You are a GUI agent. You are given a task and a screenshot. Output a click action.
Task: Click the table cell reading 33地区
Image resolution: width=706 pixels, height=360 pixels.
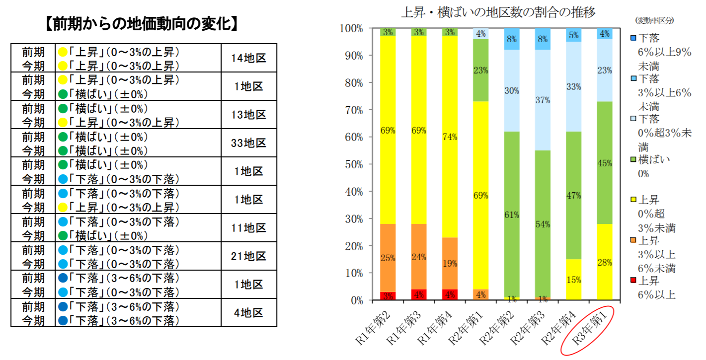pyautogui.click(x=249, y=143)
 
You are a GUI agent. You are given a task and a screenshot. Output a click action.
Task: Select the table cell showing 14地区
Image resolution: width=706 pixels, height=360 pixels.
pyautogui.click(x=249, y=58)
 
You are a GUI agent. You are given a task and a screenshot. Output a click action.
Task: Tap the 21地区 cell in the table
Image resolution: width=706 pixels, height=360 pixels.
pyautogui.click(x=249, y=256)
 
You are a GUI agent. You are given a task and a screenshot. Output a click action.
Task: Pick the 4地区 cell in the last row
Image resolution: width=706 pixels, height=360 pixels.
pyautogui.click(x=249, y=313)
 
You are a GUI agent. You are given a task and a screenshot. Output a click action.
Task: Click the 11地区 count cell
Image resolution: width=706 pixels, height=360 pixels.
pyautogui.click(x=249, y=228)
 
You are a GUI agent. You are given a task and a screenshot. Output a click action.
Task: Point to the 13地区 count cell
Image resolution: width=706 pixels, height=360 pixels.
pyautogui.click(x=249, y=115)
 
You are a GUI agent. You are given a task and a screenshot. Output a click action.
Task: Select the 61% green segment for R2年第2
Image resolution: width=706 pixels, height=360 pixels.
pyautogui.click(x=512, y=215)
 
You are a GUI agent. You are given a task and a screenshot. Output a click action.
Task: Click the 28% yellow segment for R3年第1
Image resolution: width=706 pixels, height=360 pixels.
pyautogui.click(x=605, y=262)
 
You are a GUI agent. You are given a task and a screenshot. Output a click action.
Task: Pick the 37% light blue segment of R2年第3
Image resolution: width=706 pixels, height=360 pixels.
pyautogui.click(x=543, y=100)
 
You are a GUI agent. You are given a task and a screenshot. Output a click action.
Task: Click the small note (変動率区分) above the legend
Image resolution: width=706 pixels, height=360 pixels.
pyautogui.click(x=654, y=20)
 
